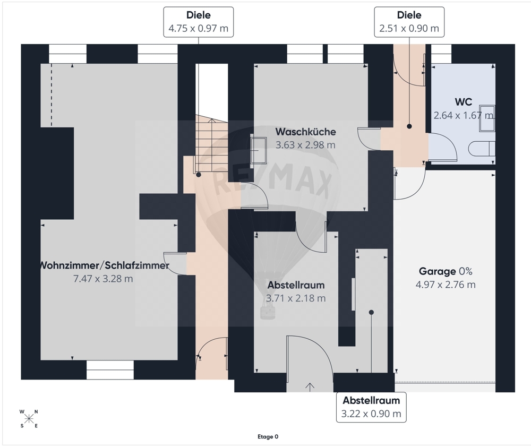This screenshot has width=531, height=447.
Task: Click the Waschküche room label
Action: click(305, 132)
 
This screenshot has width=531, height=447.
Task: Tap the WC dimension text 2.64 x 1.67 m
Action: click(463, 116)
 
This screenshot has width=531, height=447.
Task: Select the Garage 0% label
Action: click(446, 271)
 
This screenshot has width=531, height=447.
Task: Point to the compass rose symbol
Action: click(29, 419)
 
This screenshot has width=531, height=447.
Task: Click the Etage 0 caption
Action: click(268, 437)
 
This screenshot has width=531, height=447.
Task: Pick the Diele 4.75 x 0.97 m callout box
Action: click(199, 22)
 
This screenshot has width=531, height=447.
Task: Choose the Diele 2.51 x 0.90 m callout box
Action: click(409, 22)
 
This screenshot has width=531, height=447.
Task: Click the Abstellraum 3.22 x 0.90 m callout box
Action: click(371, 407)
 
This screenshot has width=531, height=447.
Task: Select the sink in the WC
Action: click(487, 118)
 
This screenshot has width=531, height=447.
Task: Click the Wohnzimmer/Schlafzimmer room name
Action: click(104, 265)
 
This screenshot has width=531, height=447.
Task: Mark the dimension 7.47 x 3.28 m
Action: click(103, 279)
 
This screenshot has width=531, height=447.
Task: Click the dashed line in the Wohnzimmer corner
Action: click(52, 95)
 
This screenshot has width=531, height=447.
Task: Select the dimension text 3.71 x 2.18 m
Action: click(296, 298)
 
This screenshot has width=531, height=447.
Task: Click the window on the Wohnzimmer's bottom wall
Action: click(110, 370)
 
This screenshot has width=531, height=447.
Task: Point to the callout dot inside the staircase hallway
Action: click(199, 175)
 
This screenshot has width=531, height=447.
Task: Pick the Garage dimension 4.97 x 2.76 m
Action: click(446, 285)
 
